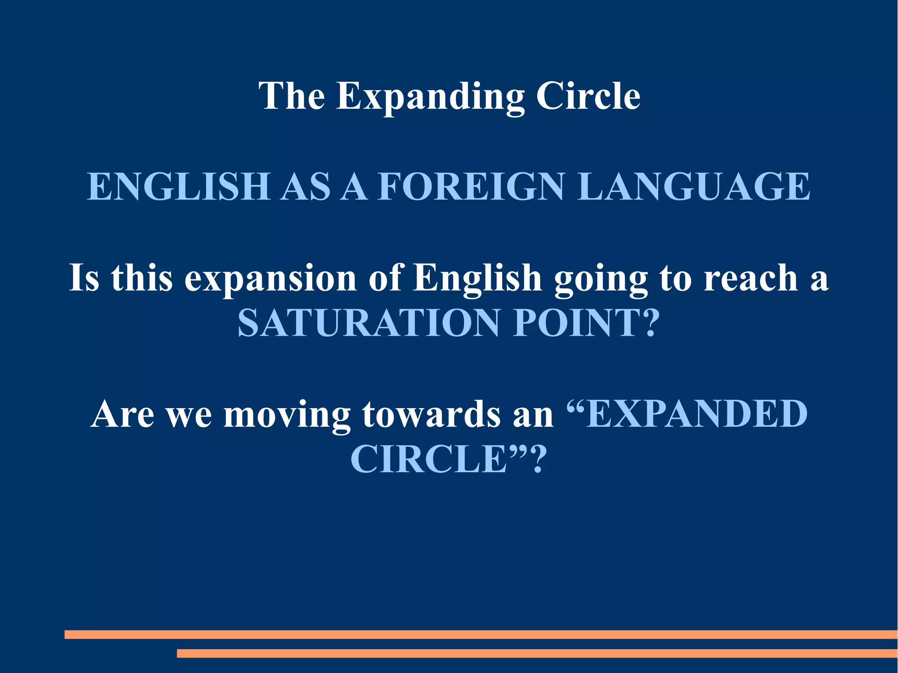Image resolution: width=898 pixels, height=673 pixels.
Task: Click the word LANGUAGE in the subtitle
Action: pyautogui.click(x=694, y=187)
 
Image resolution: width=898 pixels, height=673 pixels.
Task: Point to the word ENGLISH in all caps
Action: pyautogui.click(x=178, y=187)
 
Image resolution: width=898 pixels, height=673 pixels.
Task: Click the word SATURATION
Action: pyautogui.click(x=368, y=323)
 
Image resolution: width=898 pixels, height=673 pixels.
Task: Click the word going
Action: pyautogui.click(x=601, y=280)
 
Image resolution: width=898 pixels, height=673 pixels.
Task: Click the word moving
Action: pyautogui.click(x=287, y=415)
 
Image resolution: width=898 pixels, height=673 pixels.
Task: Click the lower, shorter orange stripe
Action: pyautogui.click(x=537, y=653)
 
